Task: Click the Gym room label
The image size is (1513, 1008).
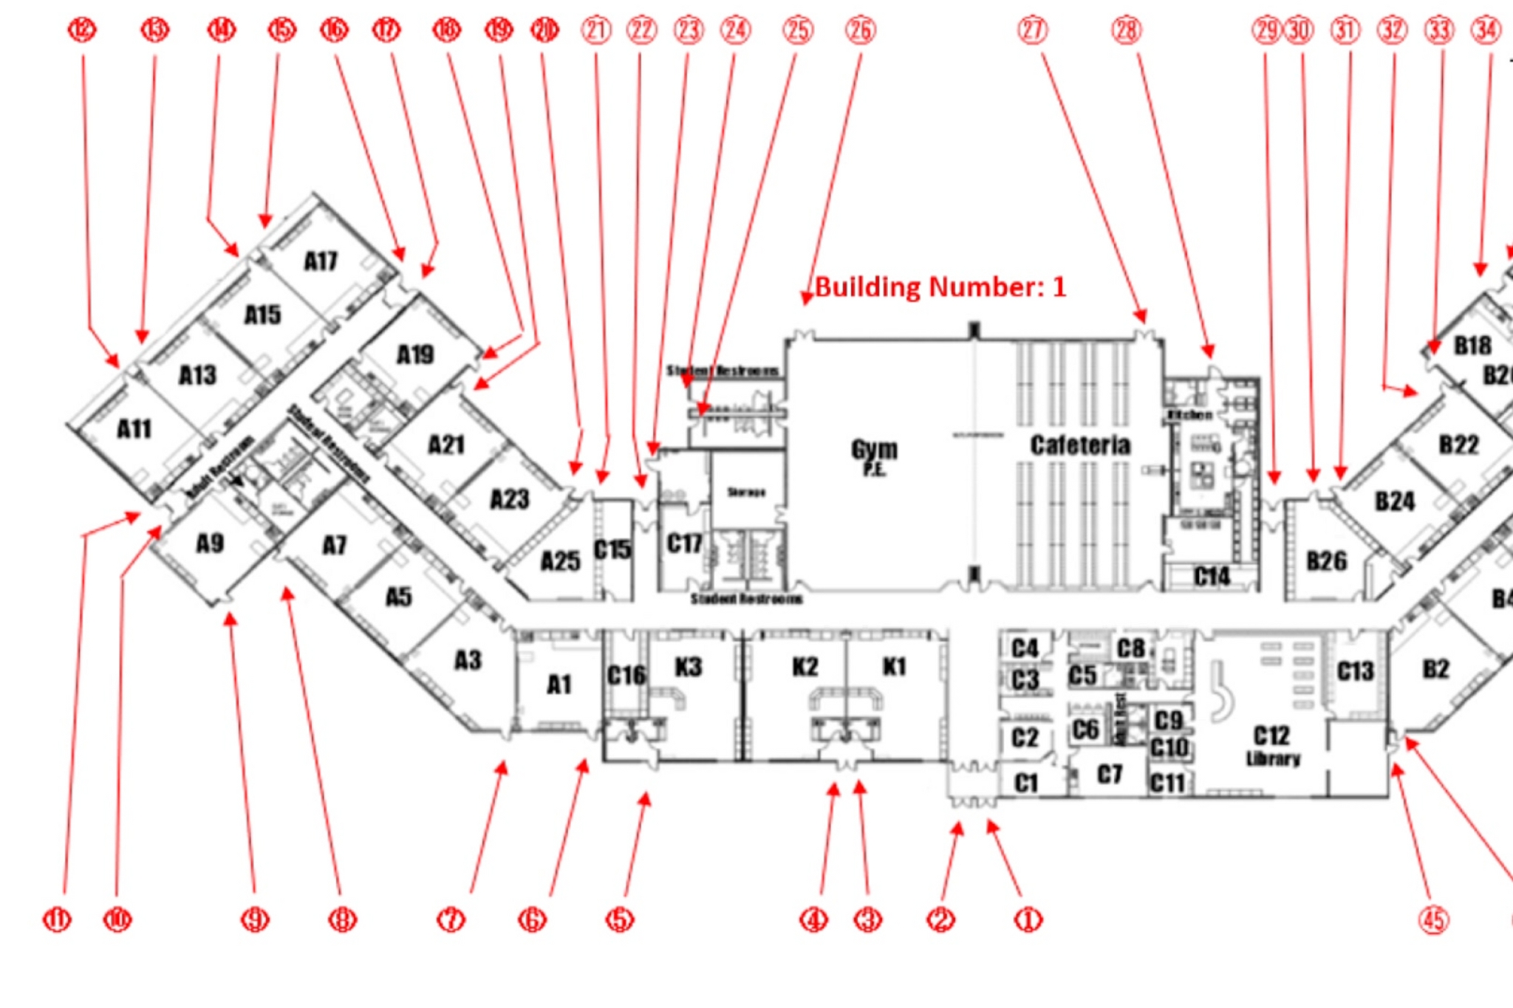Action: [874, 451]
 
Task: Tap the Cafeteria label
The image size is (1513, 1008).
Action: [1080, 445]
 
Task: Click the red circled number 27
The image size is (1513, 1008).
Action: [1032, 30]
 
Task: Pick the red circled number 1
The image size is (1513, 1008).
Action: [1028, 920]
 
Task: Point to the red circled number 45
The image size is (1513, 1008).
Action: [1433, 920]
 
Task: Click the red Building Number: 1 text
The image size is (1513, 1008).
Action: [940, 287]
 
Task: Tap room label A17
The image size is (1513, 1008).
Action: [321, 261]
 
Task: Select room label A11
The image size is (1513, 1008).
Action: [134, 429]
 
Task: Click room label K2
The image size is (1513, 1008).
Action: [805, 667]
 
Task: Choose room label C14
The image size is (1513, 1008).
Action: [1212, 577]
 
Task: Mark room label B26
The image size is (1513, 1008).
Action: [1326, 561]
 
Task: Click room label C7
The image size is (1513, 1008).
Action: [1109, 775]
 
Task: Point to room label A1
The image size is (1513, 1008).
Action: [559, 685]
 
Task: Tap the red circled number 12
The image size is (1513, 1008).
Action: [82, 30]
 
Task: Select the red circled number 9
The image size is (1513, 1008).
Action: [255, 920]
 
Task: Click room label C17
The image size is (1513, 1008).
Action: [684, 544]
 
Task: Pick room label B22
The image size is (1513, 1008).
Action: [1458, 445]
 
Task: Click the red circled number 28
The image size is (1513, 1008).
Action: [1126, 30]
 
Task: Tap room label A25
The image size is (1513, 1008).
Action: [560, 561]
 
